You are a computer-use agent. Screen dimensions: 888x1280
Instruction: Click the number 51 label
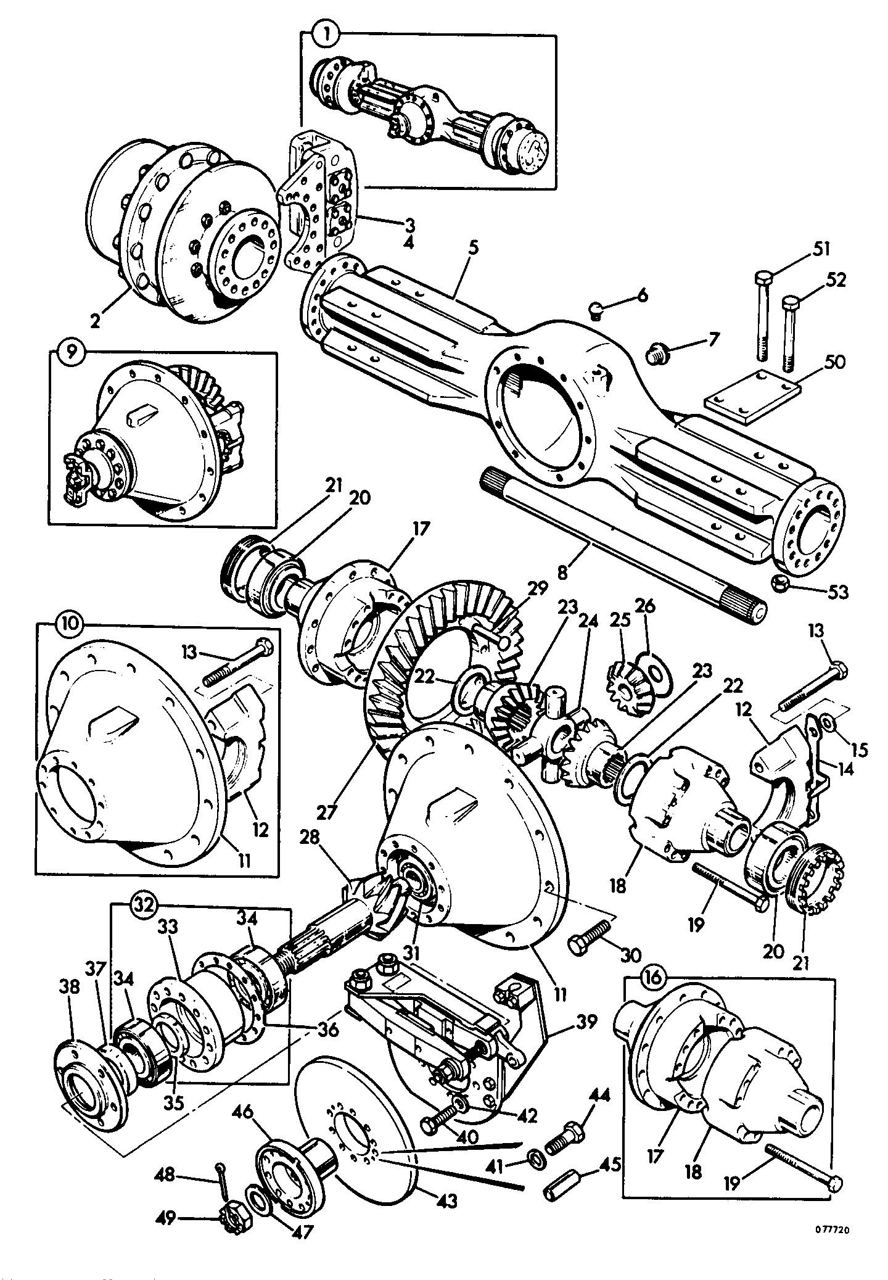(820, 249)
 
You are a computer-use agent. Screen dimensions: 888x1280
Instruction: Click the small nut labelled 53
(780, 583)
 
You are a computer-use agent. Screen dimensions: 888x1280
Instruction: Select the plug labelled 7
(657, 355)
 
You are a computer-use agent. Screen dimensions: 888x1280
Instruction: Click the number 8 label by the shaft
(562, 571)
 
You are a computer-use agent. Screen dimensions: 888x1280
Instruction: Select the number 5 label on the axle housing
(473, 249)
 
